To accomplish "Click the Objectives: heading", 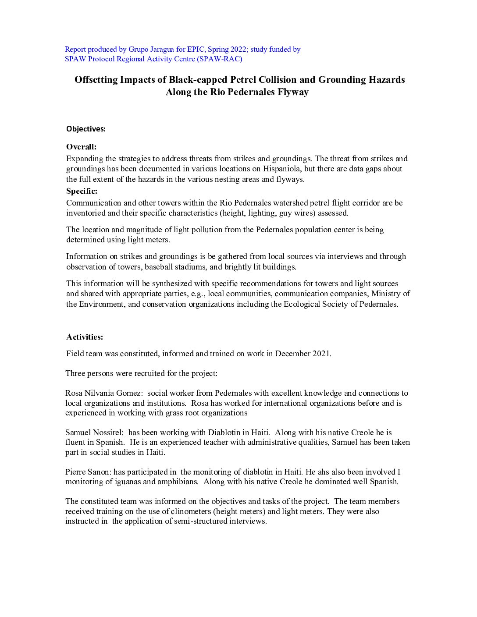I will tap(86, 129).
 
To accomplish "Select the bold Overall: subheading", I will tap(81, 147).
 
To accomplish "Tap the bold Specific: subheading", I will tap(82, 191).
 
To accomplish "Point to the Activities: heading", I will tap(85, 337).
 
